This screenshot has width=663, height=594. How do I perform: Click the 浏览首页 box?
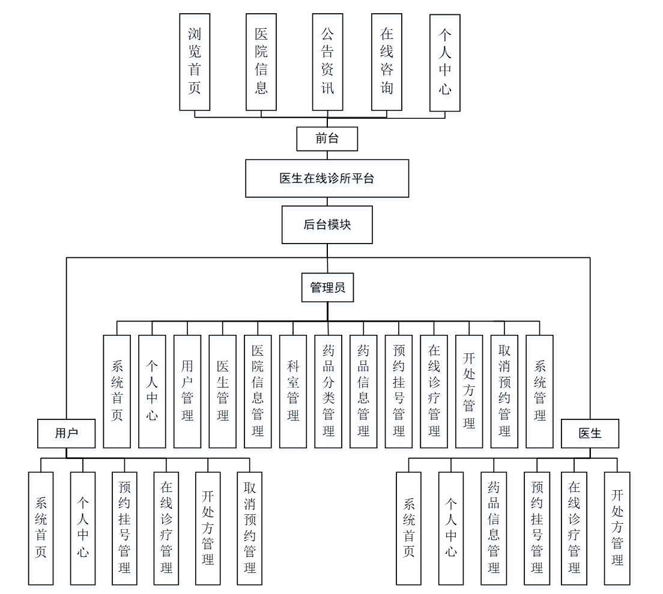(195, 62)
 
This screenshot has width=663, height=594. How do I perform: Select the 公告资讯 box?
(327, 62)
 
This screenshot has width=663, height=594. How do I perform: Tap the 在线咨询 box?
(386, 62)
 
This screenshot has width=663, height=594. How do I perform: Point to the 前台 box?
(327, 139)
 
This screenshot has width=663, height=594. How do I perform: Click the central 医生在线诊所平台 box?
(327, 178)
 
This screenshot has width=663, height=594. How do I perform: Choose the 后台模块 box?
(327, 225)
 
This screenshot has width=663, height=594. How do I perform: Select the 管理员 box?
(327, 287)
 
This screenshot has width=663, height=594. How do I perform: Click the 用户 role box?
(66, 433)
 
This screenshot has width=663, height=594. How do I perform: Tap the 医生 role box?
(590, 433)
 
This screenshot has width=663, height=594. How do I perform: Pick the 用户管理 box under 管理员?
(187, 391)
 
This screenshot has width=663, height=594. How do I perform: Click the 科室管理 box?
(293, 391)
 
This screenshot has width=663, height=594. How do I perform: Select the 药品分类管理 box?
(328, 391)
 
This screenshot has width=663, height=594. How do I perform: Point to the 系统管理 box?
(539, 391)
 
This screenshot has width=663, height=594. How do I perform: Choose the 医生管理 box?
(222, 391)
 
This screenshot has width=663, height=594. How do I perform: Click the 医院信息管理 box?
(258, 391)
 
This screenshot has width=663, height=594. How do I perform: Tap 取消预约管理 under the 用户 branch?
(250, 528)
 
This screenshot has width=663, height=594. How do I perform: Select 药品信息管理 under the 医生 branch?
(494, 528)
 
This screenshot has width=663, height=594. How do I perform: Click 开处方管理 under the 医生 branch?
(617, 528)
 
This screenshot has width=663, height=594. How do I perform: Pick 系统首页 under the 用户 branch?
(41, 528)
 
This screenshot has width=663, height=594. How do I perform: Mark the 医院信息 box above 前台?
(261, 62)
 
